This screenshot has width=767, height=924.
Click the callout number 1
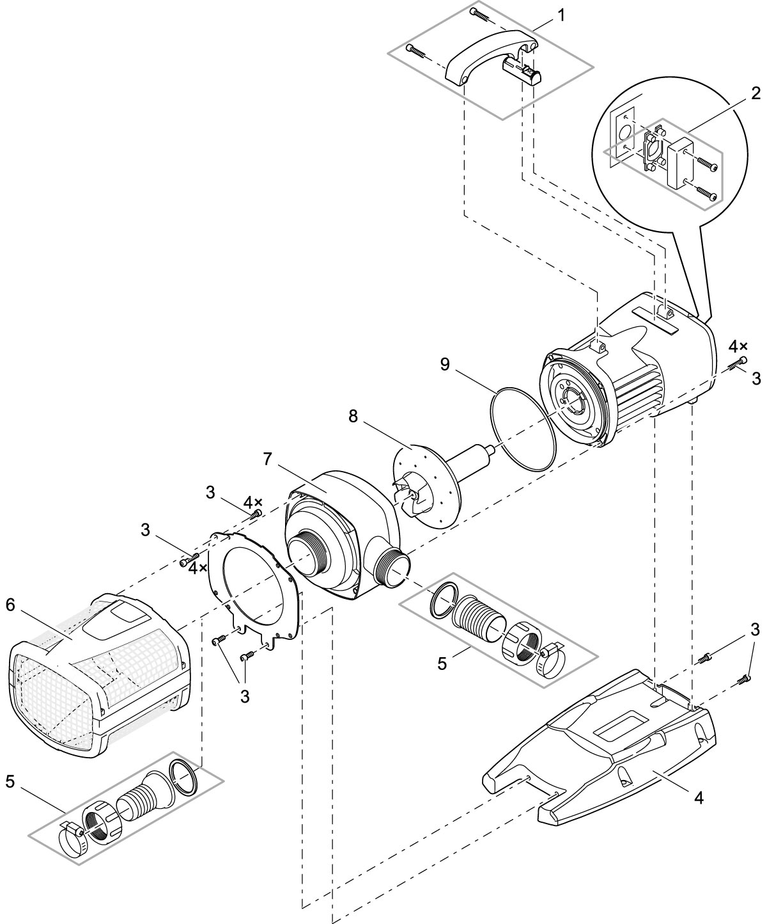561,15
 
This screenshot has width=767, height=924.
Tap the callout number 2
755,93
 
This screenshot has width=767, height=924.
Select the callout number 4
699,798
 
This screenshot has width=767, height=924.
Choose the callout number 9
445,364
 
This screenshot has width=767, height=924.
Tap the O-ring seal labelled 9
523,429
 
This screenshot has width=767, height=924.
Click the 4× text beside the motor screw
738,346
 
